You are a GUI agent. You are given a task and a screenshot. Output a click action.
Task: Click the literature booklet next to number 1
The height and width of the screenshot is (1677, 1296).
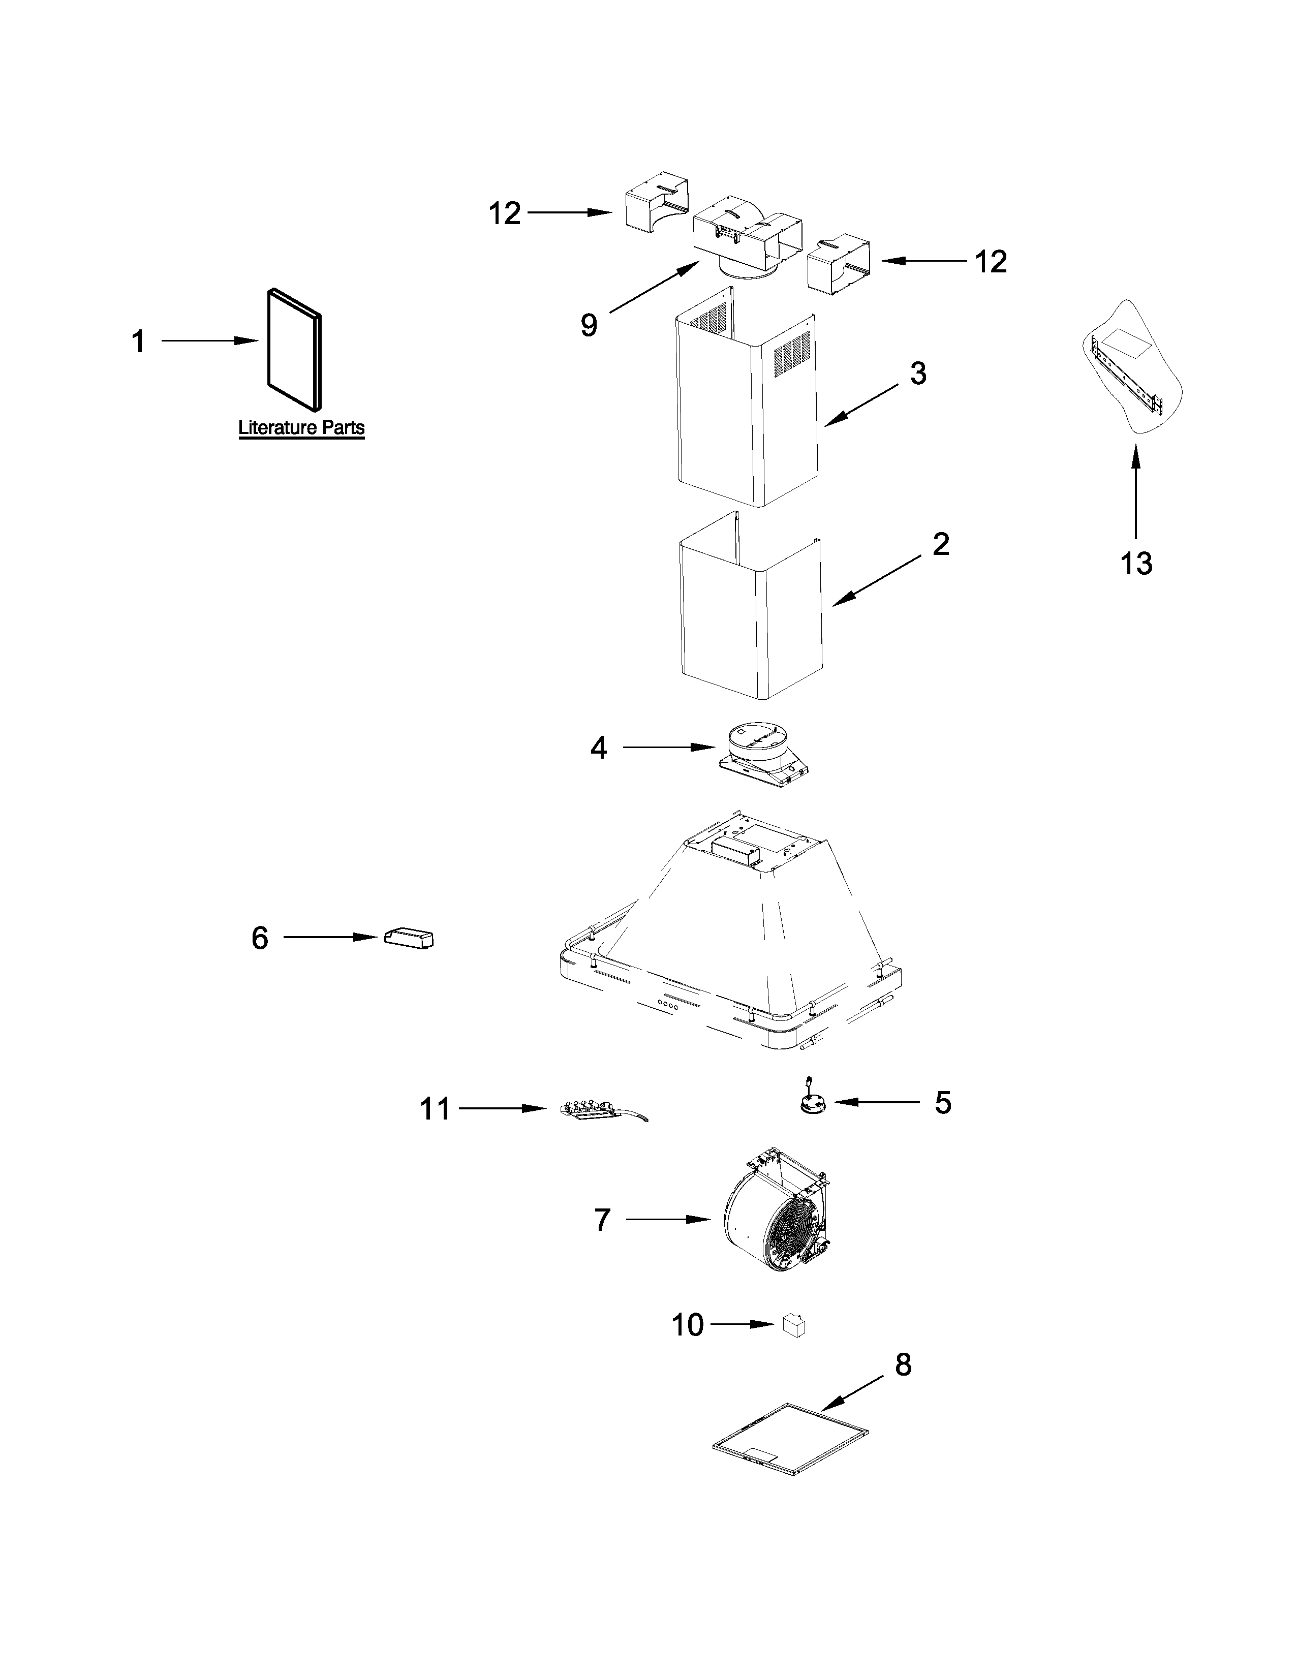(294, 350)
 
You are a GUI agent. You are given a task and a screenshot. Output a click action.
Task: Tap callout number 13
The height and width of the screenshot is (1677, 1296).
(1135, 564)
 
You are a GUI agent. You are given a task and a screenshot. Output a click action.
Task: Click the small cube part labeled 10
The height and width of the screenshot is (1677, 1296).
(794, 1325)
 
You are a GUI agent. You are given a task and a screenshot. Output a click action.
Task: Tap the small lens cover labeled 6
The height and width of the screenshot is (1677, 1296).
(409, 938)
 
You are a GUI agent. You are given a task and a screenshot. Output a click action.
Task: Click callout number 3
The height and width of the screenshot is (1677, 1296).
(918, 374)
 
